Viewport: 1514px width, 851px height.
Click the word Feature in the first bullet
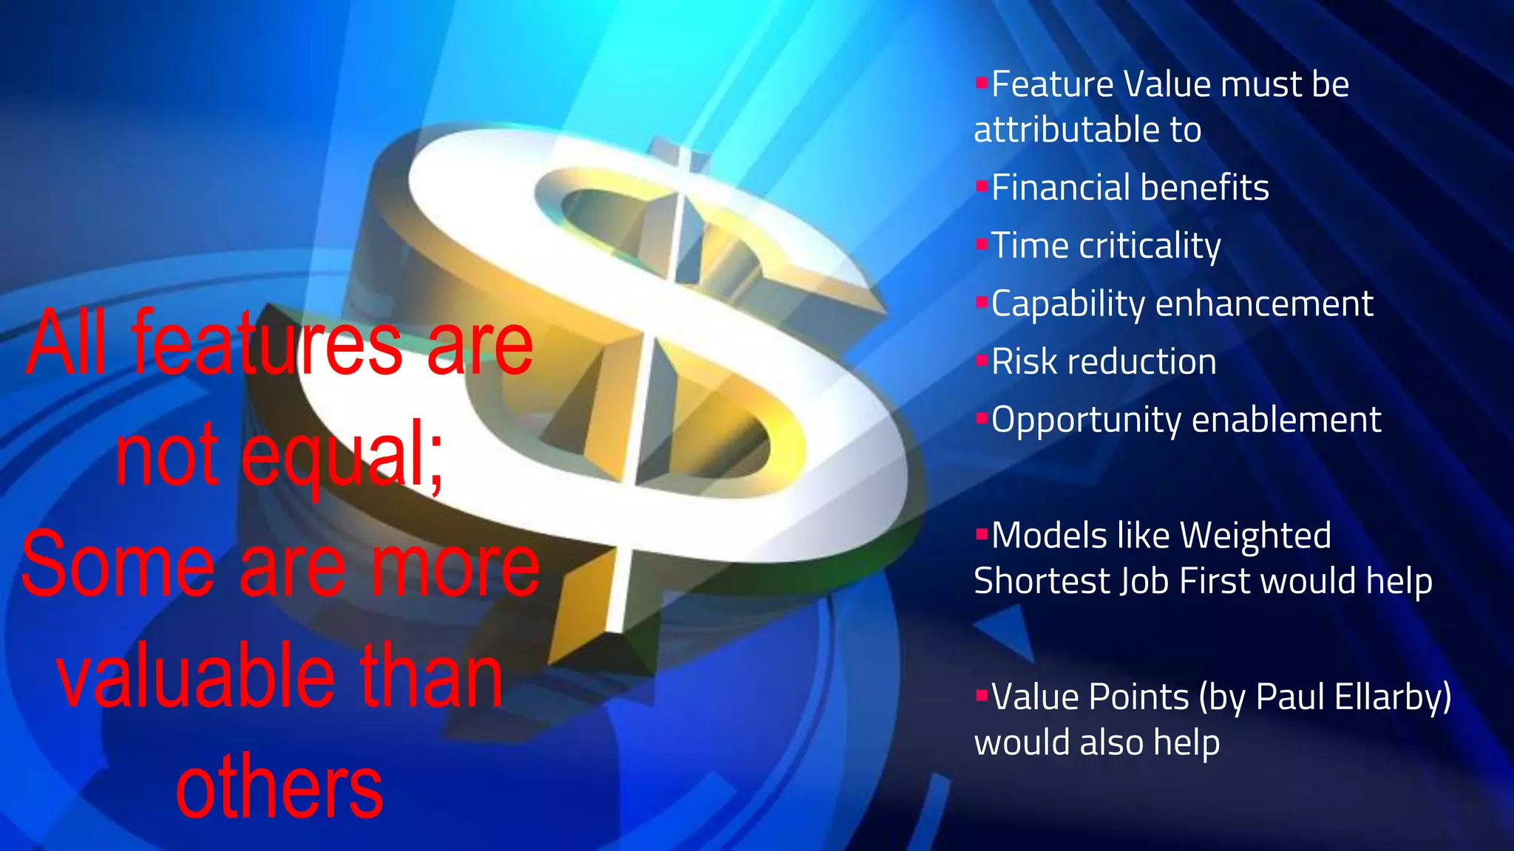(x=1051, y=84)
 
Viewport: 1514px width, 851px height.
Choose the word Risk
(x=1023, y=362)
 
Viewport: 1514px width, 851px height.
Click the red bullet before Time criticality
(x=982, y=243)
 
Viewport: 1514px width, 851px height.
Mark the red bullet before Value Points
(x=982, y=694)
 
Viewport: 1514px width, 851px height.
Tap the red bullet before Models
(x=982, y=533)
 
